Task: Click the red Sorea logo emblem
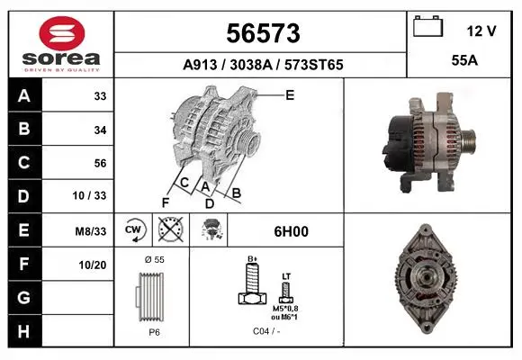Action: (62, 33)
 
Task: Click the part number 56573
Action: (263, 33)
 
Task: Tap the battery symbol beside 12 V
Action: (428, 26)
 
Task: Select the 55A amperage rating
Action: (464, 60)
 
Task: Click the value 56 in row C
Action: (100, 163)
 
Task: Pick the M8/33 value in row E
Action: (91, 231)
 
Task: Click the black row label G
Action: (24, 297)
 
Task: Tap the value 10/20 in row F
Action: (93, 265)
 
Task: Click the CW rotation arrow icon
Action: (134, 229)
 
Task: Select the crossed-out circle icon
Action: (171, 229)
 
